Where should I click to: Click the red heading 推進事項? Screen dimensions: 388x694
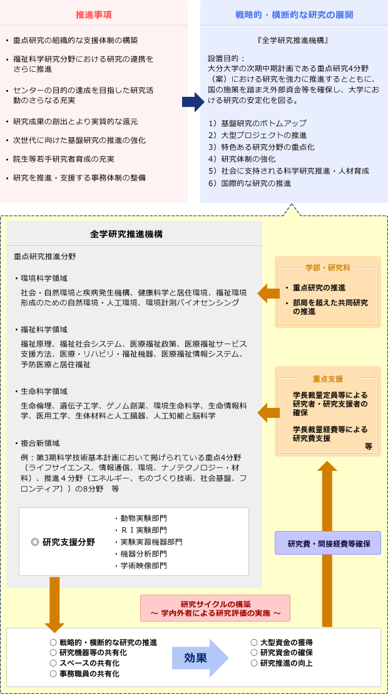pos(94,14)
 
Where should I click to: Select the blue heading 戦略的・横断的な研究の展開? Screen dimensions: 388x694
pos(294,14)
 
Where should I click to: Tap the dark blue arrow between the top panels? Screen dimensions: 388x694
pos(193,102)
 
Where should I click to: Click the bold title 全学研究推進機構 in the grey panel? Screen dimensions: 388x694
pos(126,234)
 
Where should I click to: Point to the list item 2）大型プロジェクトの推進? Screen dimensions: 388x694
pos(257,135)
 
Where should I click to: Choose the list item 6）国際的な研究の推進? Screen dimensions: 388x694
pos(250,183)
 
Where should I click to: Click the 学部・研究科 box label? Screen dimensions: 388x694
pos(328,268)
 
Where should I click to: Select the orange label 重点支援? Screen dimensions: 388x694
pos(328,379)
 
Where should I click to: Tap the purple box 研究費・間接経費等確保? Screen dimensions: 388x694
pos(328,543)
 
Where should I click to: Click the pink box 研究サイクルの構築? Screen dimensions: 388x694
pos(215,608)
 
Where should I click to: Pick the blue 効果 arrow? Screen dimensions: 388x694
pos(200,658)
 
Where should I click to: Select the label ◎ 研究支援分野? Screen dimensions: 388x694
pos(63,542)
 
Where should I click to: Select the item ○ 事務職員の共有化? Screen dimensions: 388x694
pos(85,673)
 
